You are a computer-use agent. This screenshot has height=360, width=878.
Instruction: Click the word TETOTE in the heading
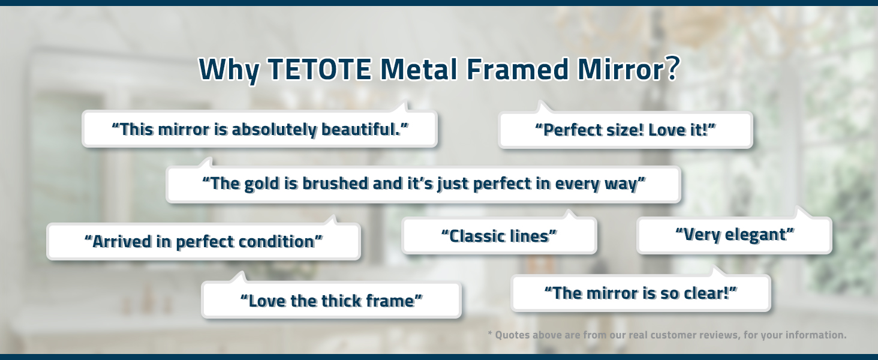pos(320,69)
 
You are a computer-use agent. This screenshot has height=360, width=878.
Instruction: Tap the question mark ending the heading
pos(672,68)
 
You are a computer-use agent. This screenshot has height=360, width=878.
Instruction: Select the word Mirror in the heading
pos(621,69)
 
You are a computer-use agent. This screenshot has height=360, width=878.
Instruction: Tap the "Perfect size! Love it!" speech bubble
pos(625,130)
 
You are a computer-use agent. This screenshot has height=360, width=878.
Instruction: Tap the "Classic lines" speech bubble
pos(499,235)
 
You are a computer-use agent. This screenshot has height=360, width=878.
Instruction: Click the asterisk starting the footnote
pos(490,334)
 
